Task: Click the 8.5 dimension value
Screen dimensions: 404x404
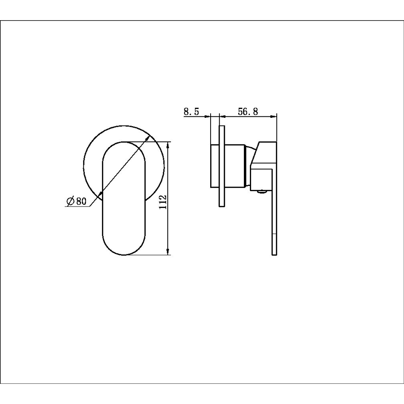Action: [191, 111]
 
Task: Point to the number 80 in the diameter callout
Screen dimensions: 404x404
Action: [81, 201]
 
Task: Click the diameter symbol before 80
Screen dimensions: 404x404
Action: [70, 201]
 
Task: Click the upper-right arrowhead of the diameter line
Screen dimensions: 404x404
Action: [148, 138]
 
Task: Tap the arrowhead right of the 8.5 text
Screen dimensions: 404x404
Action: [208, 117]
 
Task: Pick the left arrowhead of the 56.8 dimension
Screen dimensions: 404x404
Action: [222, 117]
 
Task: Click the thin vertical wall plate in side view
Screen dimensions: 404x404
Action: [221, 166]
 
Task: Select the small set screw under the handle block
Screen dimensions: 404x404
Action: [262, 192]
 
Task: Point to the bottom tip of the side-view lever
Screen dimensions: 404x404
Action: [274, 254]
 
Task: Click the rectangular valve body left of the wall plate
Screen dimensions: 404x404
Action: [215, 165]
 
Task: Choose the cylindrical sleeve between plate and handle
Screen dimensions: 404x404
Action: [235, 165]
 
